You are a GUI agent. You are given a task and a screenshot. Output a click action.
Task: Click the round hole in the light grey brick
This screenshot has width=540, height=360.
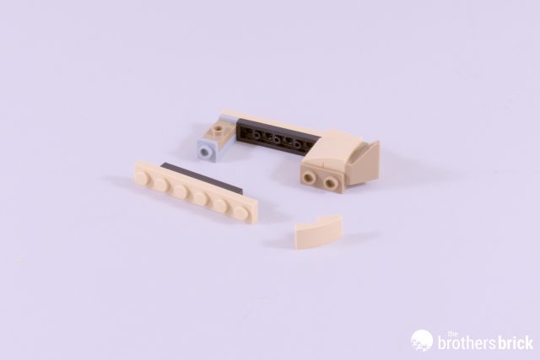206,151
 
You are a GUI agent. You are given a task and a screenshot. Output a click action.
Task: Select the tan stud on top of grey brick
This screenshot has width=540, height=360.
218,131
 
